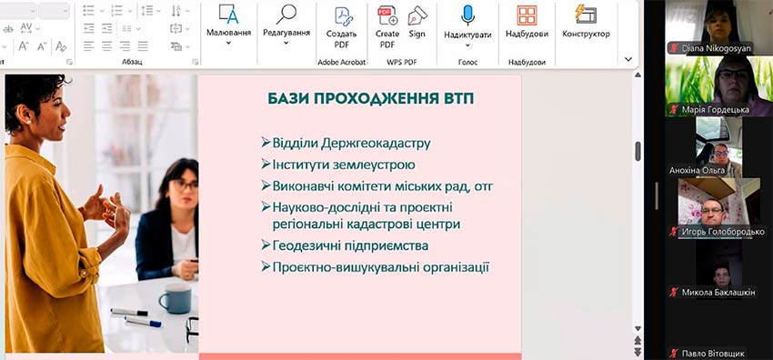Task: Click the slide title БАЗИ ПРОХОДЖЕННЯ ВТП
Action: pyautogui.click(x=371, y=98)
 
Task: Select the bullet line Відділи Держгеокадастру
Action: pyautogui.click(x=346, y=144)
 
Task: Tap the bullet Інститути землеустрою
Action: pyautogui.click(x=338, y=165)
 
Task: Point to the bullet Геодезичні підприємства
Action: pyautogui.click(x=345, y=245)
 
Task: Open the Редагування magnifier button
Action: pyautogui.click(x=286, y=15)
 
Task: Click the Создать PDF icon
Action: pyautogui.click(x=343, y=15)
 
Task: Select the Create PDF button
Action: pyautogui.click(x=387, y=15)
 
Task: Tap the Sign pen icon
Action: pyautogui.click(x=417, y=15)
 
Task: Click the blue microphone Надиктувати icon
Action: pyautogui.click(x=467, y=15)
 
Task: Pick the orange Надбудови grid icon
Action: pyautogui.click(x=527, y=15)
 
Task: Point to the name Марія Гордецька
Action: pyautogui.click(x=716, y=109)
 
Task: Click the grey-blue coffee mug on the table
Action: pyautogui.click(x=175, y=298)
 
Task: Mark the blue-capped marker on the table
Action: pyautogui.click(x=143, y=322)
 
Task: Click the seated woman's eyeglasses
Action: pyautogui.click(x=185, y=185)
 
